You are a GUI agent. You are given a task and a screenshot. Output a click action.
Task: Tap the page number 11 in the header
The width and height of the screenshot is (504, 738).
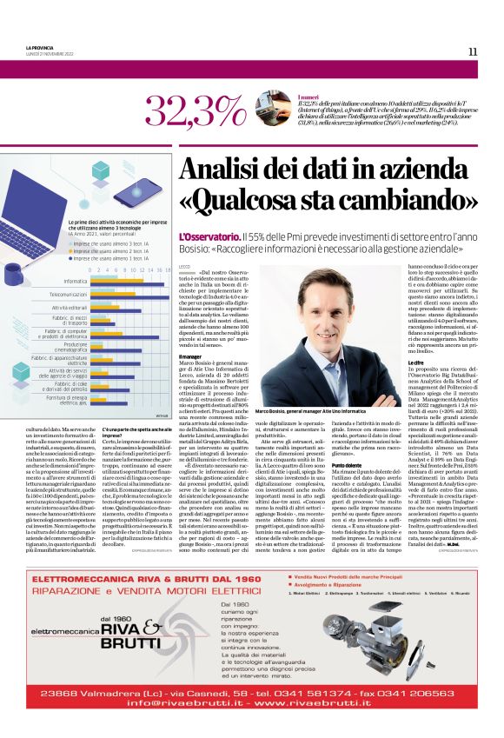pyautogui.click(x=473, y=51)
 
